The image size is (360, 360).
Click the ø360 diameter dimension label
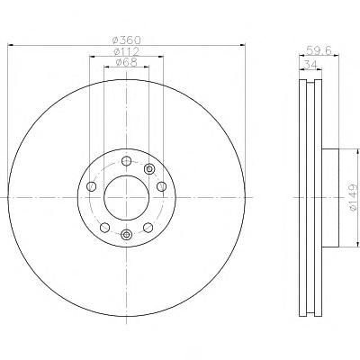tap(126, 40)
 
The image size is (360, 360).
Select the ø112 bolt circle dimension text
tap(126, 51)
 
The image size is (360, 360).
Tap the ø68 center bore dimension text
tap(126, 62)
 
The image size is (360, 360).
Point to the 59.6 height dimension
tap(319, 50)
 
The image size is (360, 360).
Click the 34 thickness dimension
tap(310, 64)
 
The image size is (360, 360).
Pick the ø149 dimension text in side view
tap(355, 197)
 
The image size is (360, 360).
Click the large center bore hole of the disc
tap(126, 198)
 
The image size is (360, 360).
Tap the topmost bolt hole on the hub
tap(126, 161)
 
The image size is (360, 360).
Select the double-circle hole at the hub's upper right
tap(148, 169)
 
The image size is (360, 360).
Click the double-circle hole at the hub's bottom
tap(126, 234)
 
